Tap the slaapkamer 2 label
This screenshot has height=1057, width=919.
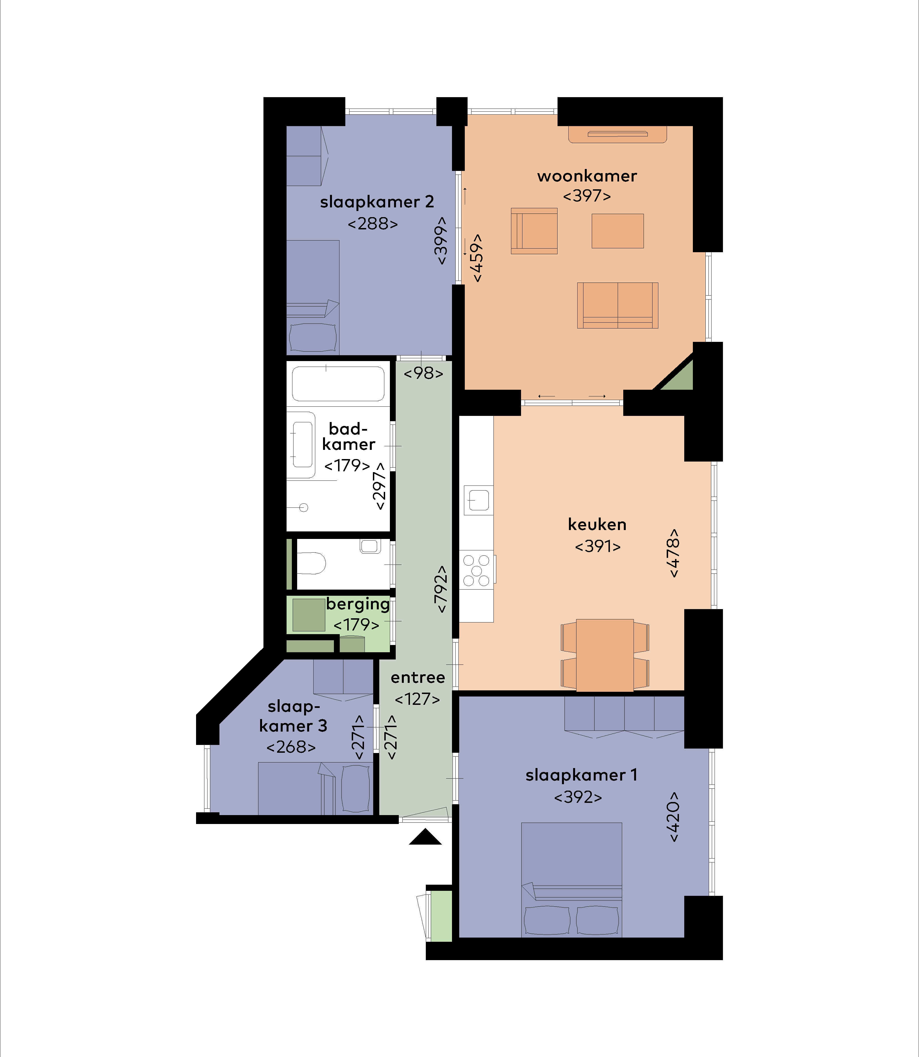pyautogui.click(x=377, y=202)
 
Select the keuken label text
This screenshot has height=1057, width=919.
pyautogui.click(x=597, y=524)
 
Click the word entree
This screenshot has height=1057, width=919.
pyautogui.click(x=417, y=678)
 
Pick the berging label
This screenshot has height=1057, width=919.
pyautogui.click(x=358, y=604)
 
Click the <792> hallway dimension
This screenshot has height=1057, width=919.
pyautogui.click(x=441, y=590)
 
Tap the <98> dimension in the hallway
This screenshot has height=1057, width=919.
pyautogui.click(x=423, y=373)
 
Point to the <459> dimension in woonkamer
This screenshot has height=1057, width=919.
pyautogui.click(x=477, y=258)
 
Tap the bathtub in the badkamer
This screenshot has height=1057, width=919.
pyautogui.click(x=338, y=383)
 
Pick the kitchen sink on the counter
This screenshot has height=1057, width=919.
pyautogui.click(x=478, y=500)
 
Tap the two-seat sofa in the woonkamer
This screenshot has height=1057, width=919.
pyautogui.click(x=617, y=305)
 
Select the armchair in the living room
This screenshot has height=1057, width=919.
pyautogui.click(x=534, y=231)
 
